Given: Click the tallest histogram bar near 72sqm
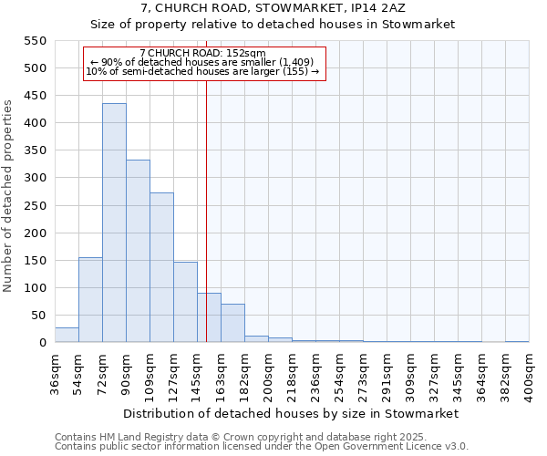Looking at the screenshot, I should [x=114, y=223].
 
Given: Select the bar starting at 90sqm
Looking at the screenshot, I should [x=138, y=252].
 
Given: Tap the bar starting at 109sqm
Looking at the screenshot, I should [x=161, y=268].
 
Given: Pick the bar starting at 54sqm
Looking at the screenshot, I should [x=90, y=300].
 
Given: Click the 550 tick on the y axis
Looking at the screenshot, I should [x=34, y=41].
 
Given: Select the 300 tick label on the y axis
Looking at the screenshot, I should [x=34, y=178].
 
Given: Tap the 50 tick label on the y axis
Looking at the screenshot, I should [x=37, y=316].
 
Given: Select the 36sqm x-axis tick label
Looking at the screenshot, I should [x=55, y=375].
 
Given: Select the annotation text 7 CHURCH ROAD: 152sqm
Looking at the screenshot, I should [x=203, y=54].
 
